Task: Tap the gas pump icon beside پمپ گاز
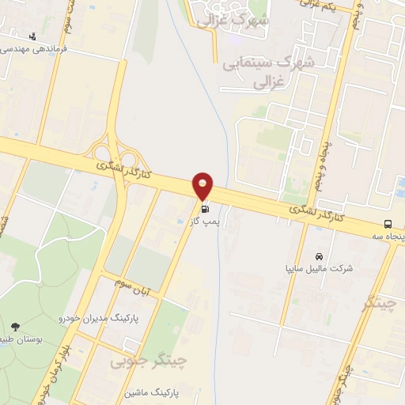205,209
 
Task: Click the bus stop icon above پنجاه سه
388,224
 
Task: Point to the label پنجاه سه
387,237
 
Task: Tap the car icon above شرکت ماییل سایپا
318,256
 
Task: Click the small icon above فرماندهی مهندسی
32,36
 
